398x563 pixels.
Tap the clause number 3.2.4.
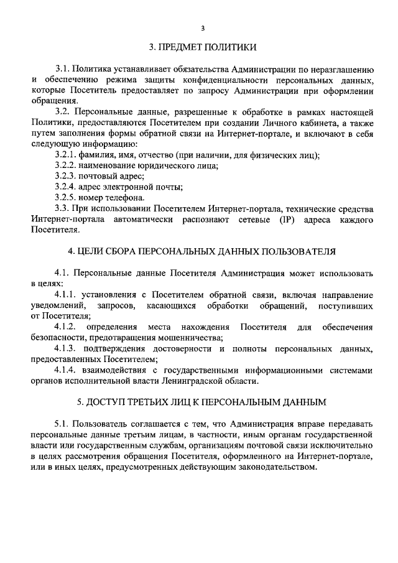66,187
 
